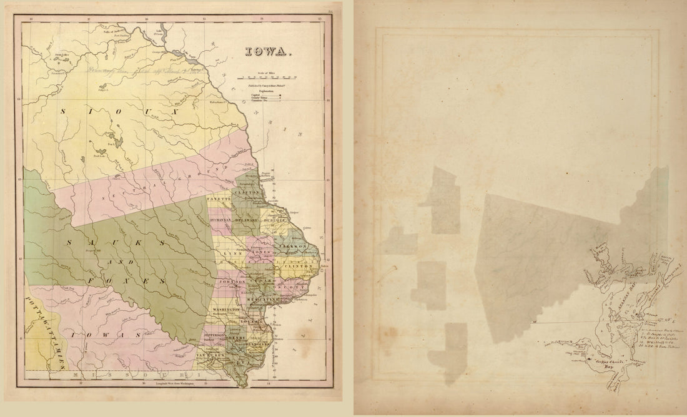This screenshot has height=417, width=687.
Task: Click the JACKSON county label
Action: click(x=294, y=247)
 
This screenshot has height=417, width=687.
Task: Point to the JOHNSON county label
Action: click(x=229, y=282)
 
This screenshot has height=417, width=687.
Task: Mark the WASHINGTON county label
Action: click(x=227, y=310)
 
